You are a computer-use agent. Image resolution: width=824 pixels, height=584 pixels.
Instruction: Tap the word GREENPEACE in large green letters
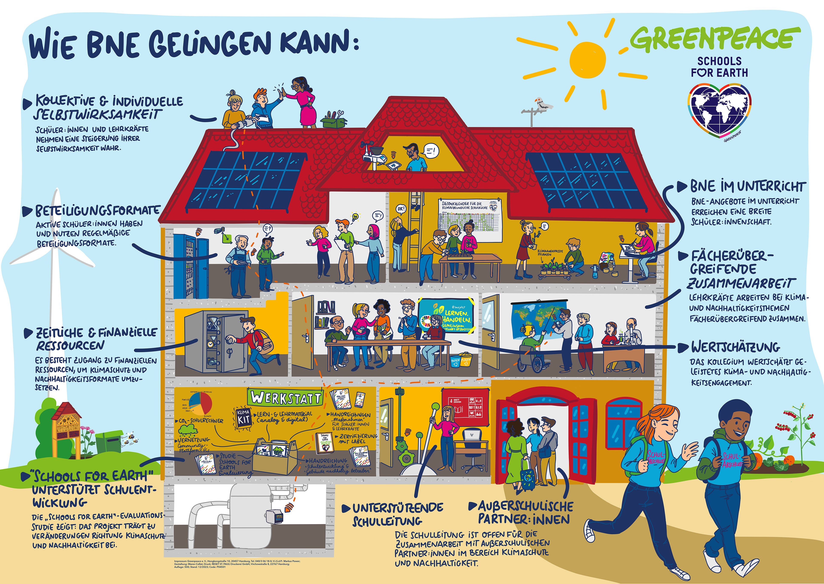click(715, 38)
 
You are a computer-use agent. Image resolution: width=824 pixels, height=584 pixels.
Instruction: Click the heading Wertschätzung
click(735, 347)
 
